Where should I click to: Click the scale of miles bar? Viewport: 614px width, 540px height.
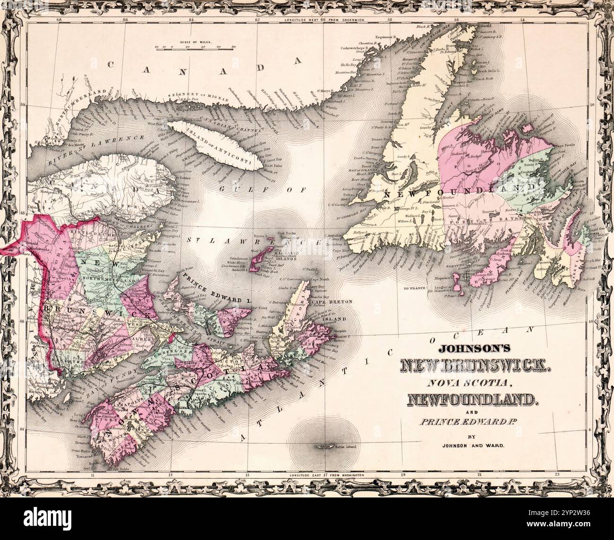tap(196, 48)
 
